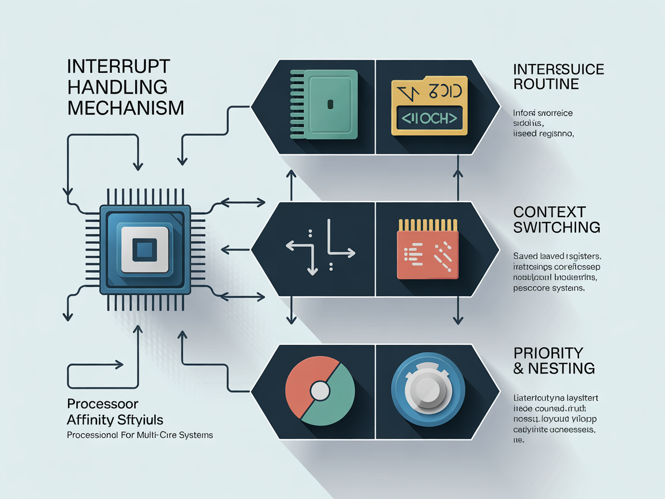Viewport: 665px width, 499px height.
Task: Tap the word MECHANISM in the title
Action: pos(126,107)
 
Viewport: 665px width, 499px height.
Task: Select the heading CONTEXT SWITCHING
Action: pos(556,219)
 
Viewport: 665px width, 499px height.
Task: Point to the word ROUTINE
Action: pos(546,84)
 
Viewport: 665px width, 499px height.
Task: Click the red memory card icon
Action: pos(427,249)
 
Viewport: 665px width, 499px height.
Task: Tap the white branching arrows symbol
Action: pos(320,247)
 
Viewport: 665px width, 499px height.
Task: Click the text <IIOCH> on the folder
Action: pos(428,118)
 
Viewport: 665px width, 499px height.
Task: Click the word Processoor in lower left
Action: pos(103,403)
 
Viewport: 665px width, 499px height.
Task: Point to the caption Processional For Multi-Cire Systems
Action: pos(140,435)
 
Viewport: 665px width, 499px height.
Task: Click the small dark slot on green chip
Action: pos(330,105)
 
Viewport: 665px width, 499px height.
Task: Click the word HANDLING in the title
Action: pos(117,87)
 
